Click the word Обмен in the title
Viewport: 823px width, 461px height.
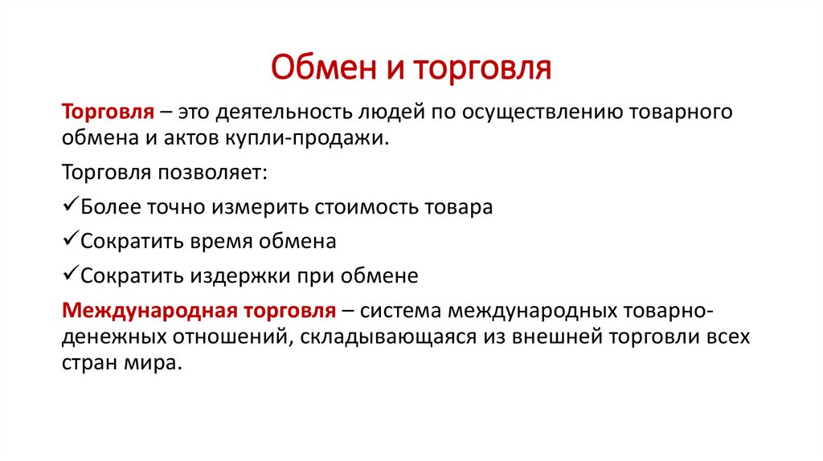click(x=325, y=67)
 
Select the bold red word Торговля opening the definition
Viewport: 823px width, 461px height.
click(x=109, y=112)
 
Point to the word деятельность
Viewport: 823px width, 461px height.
click(x=284, y=112)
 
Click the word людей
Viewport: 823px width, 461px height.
click(x=392, y=112)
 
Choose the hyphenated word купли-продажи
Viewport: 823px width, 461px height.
click(x=307, y=138)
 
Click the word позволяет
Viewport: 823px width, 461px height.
click(x=212, y=173)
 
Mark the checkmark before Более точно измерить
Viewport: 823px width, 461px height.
click(x=71, y=203)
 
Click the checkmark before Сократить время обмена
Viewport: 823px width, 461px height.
click(x=71, y=238)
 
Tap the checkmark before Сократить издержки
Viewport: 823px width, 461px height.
click(x=71, y=272)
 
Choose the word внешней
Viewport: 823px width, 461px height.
click(x=557, y=337)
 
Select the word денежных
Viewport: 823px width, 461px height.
click(x=114, y=337)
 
